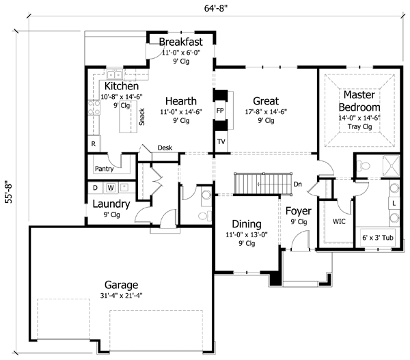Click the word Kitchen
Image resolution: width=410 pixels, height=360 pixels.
coord(122,87)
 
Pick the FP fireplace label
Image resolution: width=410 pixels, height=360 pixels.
coord(220,110)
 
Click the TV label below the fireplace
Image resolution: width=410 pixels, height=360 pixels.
coord(221,141)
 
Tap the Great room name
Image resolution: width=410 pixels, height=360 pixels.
coord(265,100)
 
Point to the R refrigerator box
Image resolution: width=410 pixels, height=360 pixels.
coord(93,145)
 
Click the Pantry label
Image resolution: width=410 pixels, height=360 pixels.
coord(104,168)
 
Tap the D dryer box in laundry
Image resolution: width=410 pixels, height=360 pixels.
coord(94,187)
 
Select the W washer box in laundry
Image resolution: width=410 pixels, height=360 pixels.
coord(109,187)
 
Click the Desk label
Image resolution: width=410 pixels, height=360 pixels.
coord(165,147)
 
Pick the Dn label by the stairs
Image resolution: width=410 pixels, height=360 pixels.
coord(298,184)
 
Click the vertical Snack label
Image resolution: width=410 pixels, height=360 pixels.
coord(141,117)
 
